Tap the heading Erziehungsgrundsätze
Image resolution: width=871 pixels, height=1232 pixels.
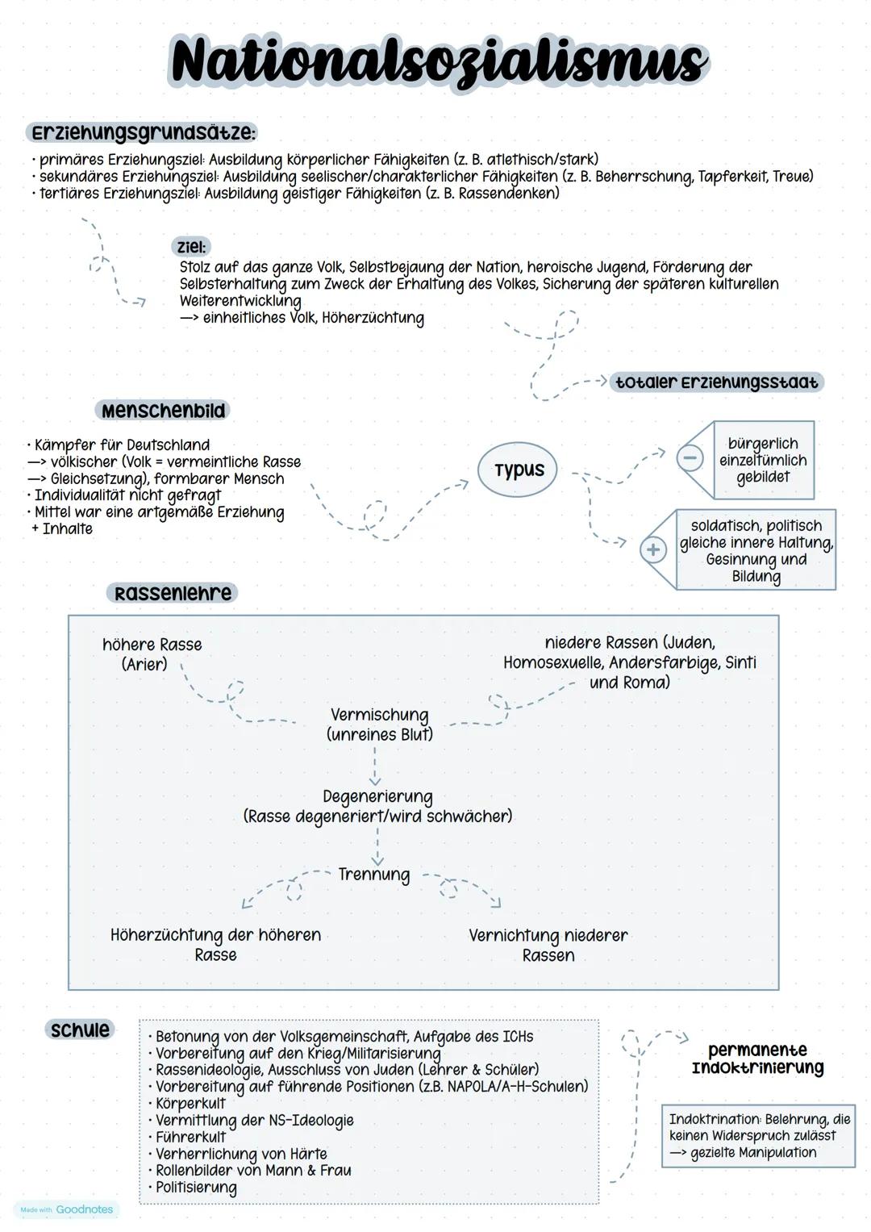pos(144,132)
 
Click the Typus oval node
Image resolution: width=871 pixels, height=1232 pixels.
pos(519,470)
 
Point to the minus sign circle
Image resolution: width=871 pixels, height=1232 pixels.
pos(690,457)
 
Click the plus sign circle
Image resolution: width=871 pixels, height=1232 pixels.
pos(652,550)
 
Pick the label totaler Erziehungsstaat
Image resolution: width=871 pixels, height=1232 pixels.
pos(716,382)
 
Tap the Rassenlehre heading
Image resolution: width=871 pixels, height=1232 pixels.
pos(173,593)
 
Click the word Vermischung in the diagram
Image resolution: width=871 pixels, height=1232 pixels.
pos(380,715)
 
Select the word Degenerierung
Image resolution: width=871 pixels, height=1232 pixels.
pos(377,797)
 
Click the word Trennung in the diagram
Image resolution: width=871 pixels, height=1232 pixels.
pos(374,875)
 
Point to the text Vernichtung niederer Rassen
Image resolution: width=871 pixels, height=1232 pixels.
pos(548,945)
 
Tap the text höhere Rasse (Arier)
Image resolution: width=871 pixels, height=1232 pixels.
pos(152,654)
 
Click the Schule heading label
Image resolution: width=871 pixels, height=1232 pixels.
pos(80,1029)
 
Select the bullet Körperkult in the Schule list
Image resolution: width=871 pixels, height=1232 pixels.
pos(190,1103)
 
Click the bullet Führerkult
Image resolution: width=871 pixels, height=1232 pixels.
pos(190,1137)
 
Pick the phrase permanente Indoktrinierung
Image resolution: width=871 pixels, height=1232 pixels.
pos(757,1059)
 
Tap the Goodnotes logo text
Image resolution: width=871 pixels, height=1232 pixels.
pos(84,1209)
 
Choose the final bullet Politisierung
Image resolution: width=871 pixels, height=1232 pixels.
pos(196,1188)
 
